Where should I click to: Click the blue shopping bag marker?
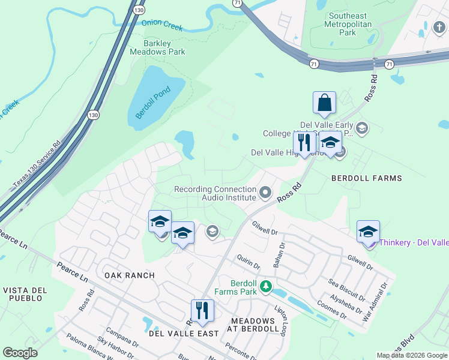(x=324, y=103)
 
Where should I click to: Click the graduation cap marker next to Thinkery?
(x=368, y=232)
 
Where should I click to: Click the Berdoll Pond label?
(x=152, y=103)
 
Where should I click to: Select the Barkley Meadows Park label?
(x=156, y=47)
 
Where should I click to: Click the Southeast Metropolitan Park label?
(x=351, y=24)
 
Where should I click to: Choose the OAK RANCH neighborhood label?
(x=129, y=275)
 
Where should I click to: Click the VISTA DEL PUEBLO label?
(x=24, y=294)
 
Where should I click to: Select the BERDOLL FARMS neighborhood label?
(x=367, y=178)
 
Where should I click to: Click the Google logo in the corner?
(x=20, y=353)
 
